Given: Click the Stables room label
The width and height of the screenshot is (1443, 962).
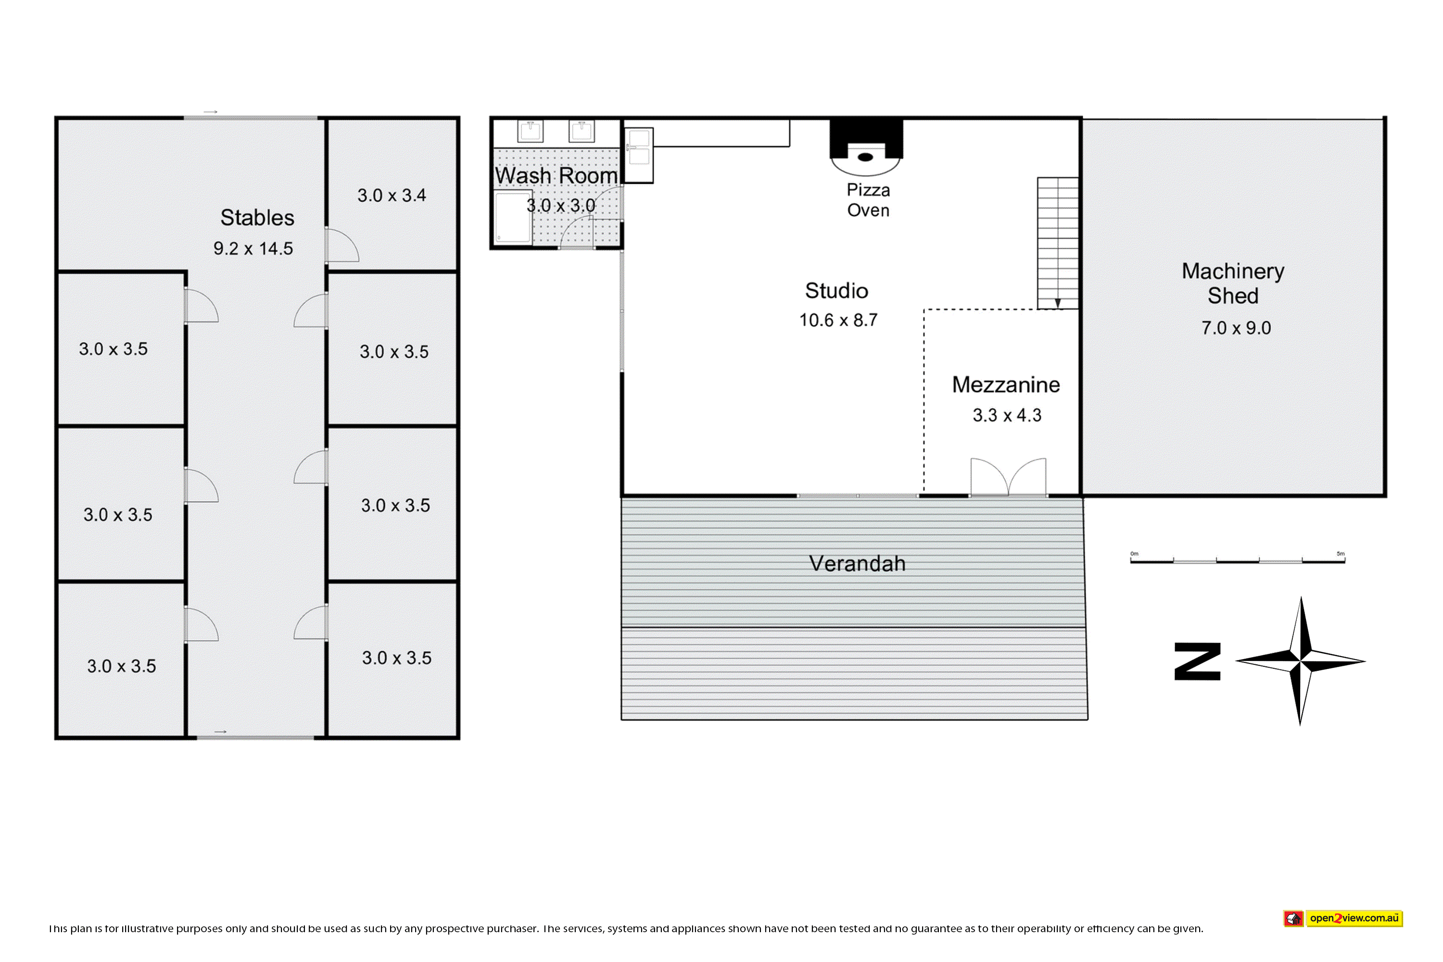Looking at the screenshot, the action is click(x=257, y=218).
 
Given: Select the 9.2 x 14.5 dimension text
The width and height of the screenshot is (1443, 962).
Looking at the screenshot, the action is click(x=253, y=249).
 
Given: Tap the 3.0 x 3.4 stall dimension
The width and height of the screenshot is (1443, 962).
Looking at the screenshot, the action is click(x=392, y=195).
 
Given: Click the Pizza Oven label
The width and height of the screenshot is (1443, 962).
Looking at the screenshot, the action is click(x=868, y=200).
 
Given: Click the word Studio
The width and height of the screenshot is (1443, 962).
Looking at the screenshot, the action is click(x=836, y=291).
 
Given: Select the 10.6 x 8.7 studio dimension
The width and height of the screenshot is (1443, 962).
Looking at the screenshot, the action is click(x=838, y=320).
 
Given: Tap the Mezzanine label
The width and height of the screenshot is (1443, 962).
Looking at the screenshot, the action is click(x=1006, y=385).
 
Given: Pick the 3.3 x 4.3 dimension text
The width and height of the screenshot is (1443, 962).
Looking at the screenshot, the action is click(x=1007, y=416).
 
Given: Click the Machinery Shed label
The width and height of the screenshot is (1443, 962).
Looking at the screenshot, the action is click(x=1233, y=283).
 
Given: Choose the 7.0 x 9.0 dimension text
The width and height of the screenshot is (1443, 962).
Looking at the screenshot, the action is click(x=1236, y=328).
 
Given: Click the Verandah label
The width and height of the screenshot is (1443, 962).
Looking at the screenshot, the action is click(x=857, y=563).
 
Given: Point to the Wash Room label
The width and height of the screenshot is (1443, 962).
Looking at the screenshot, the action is click(x=556, y=176).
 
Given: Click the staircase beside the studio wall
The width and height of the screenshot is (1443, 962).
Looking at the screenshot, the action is click(x=1058, y=243).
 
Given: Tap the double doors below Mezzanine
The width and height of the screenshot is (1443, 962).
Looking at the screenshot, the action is click(x=1008, y=477).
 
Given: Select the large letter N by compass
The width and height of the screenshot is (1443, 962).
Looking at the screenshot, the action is click(x=1197, y=661).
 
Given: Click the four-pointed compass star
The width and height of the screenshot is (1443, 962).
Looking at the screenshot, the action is click(x=1300, y=661).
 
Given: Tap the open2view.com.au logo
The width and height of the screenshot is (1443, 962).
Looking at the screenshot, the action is click(x=1343, y=918).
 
